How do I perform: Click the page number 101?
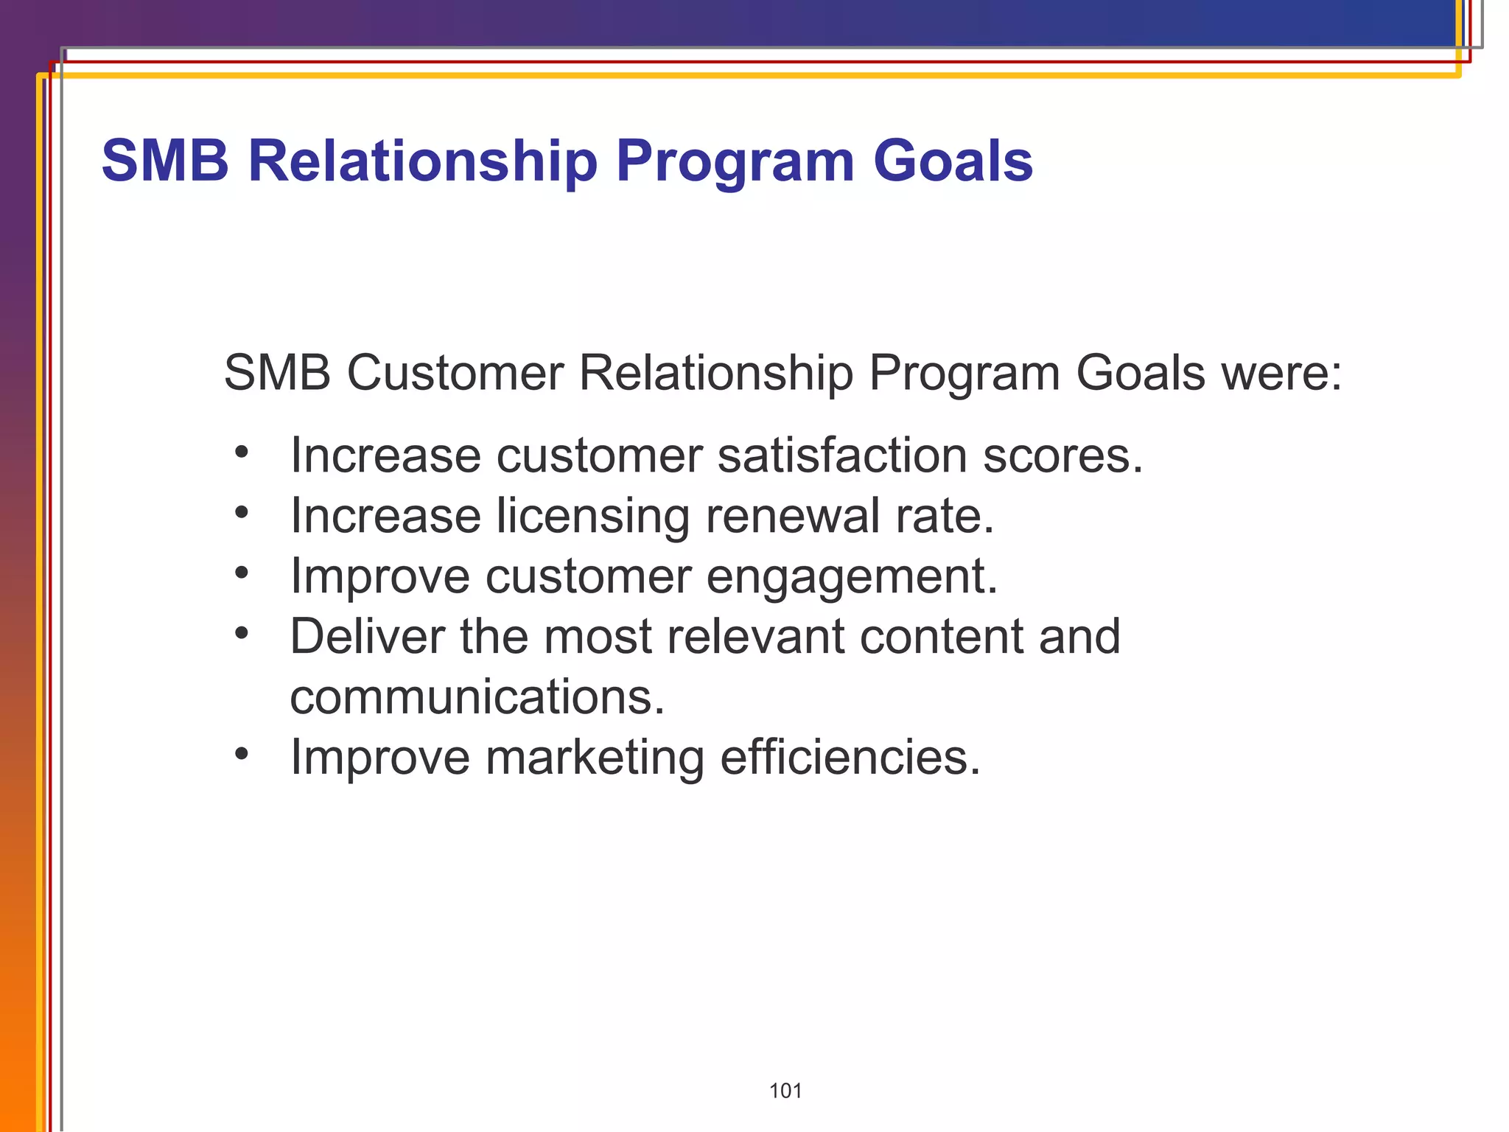coord(785,1091)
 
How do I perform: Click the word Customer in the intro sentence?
coord(454,372)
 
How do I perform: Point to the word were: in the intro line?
coord(1281,374)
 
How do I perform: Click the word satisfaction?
coord(841,455)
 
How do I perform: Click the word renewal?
coord(792,515)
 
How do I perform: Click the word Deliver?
coord(367,636)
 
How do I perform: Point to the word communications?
coord(477,697)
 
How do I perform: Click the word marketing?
coord(594,758)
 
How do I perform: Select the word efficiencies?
coord(850,757)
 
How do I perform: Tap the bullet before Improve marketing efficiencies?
coord(242,753)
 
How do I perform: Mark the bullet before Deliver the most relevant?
coord(242,632)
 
